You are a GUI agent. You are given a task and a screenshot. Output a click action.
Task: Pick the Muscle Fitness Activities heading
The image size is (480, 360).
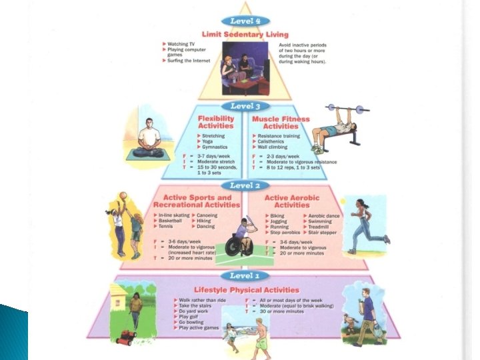click(x=282, y=123)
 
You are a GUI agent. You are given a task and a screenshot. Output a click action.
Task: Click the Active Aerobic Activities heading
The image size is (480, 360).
click(x=292, y=201)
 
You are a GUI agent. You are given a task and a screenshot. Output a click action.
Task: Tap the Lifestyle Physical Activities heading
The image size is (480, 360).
click(x=246, y=290)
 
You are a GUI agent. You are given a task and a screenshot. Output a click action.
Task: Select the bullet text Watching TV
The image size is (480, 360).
click(x=182, y=44)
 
